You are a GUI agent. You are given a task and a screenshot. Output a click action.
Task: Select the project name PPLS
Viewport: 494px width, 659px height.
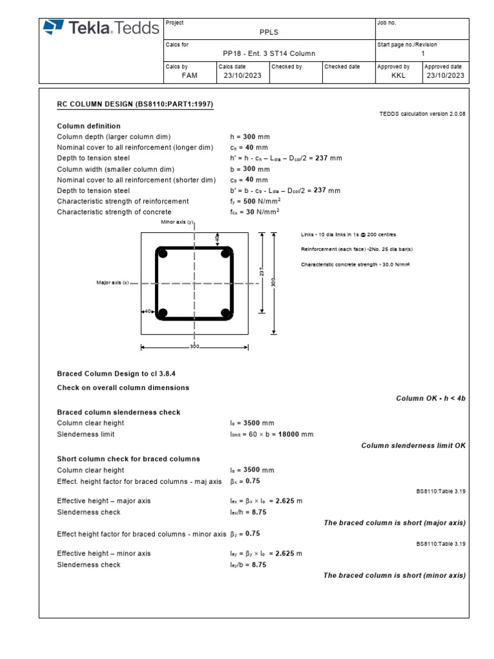(x=269, y=31)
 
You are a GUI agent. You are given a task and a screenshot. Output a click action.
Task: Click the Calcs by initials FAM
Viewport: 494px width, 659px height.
(x=190, y=75)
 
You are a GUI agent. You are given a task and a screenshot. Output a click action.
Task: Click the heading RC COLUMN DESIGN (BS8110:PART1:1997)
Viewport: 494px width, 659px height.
(x=135, y=104)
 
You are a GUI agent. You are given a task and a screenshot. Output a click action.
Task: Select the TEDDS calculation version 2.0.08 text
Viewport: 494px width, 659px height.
(x=423, y=113)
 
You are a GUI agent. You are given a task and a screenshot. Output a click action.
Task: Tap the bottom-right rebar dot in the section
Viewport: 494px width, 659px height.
(x=226, y=313)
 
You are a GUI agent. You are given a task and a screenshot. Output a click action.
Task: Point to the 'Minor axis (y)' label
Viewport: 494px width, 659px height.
(x=176, y=222)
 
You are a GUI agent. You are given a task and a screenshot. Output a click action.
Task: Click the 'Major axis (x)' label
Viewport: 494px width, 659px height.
(x=113, y=283)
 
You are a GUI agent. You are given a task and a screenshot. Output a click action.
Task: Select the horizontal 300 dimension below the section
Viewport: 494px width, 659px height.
(x=194, y=347)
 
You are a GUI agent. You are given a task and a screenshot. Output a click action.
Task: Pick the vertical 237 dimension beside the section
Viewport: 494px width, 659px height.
(x=262, y=273)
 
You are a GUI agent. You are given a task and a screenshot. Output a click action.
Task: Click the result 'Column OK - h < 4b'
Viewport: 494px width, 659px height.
(x=430, y=398)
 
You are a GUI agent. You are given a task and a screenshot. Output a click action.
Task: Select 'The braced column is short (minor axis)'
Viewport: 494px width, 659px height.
(x=394, y=575)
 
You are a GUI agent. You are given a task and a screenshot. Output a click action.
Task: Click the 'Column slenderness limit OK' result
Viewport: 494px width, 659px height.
(x=413, y=445)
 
